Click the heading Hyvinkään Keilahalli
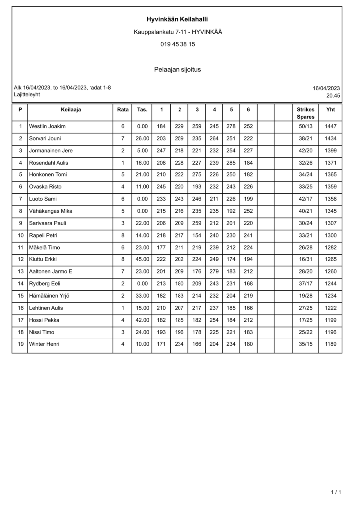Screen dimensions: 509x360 pos(177,19)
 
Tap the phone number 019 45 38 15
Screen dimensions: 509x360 pos(178,44)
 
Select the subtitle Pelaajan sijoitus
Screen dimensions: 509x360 pos(178,69)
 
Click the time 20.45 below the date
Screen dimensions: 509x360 pos(333,95)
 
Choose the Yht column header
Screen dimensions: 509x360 pos(330,109)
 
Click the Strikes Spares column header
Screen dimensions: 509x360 pos(305,113)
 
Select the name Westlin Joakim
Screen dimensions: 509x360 pos(47,126)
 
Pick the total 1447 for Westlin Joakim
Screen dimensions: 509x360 pos(330,126)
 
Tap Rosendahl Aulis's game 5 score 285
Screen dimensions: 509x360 pos(231,163)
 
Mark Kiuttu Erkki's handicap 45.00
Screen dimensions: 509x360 pos(142,259)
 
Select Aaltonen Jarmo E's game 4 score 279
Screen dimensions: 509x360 pos(214,271)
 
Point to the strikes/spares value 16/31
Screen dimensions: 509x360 pos(305,259)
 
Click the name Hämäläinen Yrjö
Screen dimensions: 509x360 pos(49,296)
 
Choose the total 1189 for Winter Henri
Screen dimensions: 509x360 pos(330,344)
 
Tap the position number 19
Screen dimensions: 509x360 pos(20,344)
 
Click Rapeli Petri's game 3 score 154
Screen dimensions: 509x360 pos(197,235)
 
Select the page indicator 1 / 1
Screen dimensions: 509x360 pos(336,493)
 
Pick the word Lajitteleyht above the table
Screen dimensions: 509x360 pos(27,94)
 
